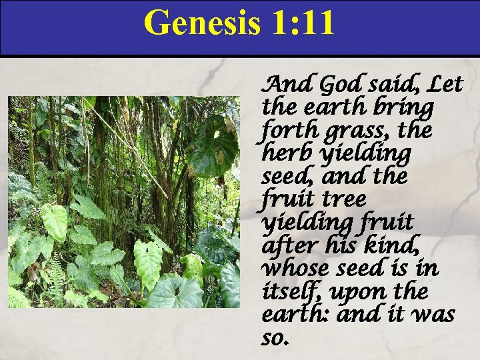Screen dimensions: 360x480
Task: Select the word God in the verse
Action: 339,85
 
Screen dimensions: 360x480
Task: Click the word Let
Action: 446,85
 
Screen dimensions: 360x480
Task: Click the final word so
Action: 275,338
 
